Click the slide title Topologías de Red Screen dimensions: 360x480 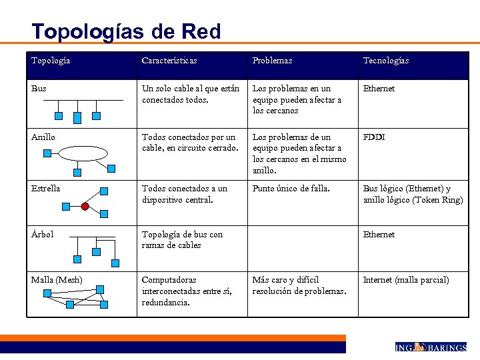[x=126, y=31]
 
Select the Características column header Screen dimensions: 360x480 [x=169, y=61]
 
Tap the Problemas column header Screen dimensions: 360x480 [x=272, y=61]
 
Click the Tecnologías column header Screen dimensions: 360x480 [x=386, y=61]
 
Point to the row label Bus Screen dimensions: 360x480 [x=39, y=89]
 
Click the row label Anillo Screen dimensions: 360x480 [x=43, y=137]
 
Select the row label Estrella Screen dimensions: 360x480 [x=45, y=189]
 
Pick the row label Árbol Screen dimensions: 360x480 [x=43, y=235]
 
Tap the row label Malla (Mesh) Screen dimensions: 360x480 [x=57, y=280]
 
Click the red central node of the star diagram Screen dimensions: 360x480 [x=85, y=207]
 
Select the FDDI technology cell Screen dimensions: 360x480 [x=374, y=137]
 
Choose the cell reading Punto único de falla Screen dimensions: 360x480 [x=291, y=189]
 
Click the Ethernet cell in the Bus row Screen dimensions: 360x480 [x=379, y=89]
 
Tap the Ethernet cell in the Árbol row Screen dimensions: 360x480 [x=379, y=235]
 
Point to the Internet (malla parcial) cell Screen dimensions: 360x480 [x=406, y=280]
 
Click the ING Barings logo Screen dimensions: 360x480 [x=430, y=347]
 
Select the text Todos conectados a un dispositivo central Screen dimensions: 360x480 [x=185, y=194]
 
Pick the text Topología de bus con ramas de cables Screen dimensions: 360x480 [x=182, y=240]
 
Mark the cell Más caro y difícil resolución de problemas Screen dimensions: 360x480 [x=299, y=285]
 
